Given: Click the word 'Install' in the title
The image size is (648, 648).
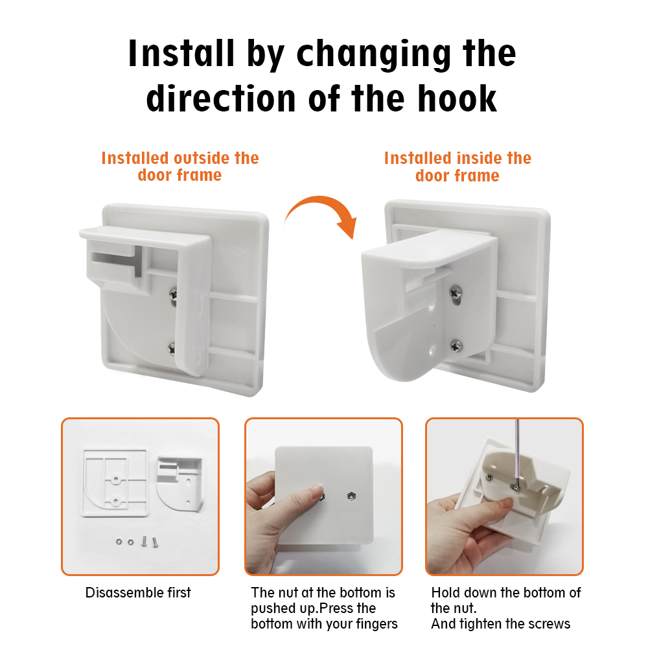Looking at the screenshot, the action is click(181, 53).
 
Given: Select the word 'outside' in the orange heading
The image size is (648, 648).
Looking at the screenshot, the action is click(202, 158).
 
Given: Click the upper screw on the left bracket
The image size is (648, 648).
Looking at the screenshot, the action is click(174, 294).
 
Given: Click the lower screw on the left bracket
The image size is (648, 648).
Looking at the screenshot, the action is click(172, 349).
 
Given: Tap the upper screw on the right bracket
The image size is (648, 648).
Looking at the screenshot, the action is click(456, 292).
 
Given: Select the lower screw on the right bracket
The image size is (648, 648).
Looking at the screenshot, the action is click(456, 345).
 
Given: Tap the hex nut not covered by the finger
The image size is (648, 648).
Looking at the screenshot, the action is click(351, 496).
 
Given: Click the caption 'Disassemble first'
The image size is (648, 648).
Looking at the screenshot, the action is click(138, 592).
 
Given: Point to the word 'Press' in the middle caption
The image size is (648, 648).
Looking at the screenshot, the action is click(337, 608).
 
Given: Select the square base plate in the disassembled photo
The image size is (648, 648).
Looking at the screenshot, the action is click(115, 483).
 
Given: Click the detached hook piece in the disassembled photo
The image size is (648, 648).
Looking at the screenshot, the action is click(179, 483).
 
